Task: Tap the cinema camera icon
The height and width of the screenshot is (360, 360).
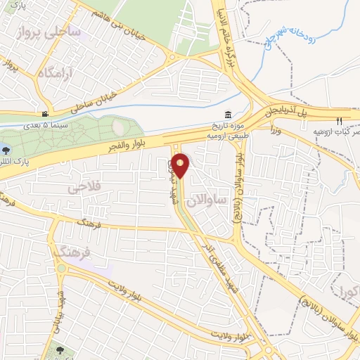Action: tap(45, 114)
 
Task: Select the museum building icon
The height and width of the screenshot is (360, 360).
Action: tap(228, 115)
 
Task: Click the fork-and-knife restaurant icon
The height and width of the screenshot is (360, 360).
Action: tap(339, 121)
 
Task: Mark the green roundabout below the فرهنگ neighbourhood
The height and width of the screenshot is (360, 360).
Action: tap(63, 270)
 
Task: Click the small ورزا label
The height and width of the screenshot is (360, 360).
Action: tap(276, 129)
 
